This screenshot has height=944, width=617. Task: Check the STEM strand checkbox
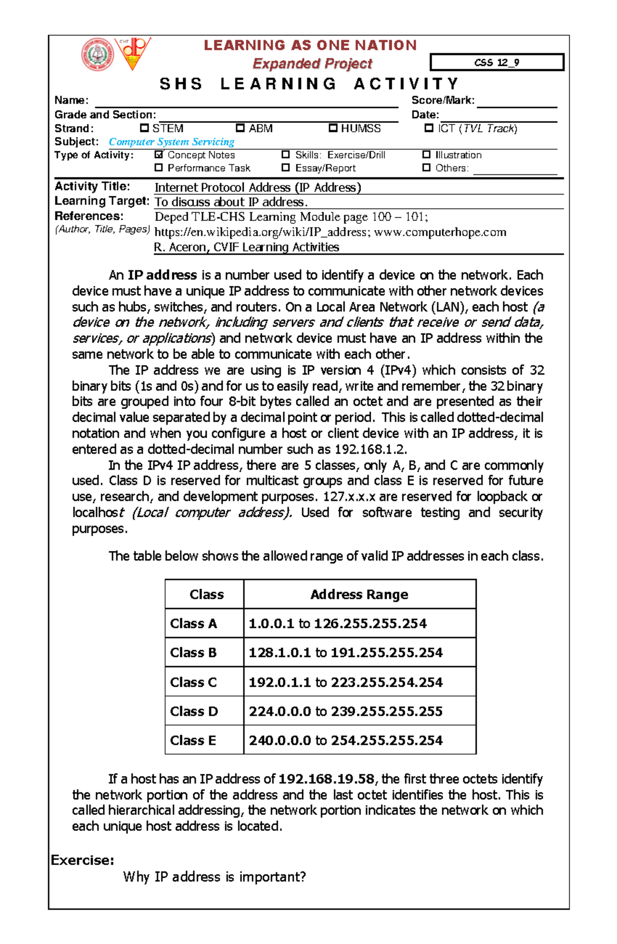point(144,128)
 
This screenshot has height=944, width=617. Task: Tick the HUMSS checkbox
point(333,128)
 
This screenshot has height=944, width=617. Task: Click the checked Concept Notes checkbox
point(159,154)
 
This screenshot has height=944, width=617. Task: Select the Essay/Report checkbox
point(286,167)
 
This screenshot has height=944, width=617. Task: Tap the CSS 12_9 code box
point(497,62)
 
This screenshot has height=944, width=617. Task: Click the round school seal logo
point(97,55)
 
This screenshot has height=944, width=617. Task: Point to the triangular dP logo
point(133,52)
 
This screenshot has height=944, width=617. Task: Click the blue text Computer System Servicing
point(171,141)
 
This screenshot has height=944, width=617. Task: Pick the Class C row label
point(194,682)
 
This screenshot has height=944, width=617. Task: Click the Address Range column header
point(359,594)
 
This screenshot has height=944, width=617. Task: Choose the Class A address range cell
point(338,624)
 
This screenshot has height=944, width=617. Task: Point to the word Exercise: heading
point(82,860)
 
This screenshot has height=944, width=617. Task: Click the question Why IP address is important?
point(214,877)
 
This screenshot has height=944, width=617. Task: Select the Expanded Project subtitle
point(312,64)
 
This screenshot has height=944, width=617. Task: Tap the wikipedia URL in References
point(261,232)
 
